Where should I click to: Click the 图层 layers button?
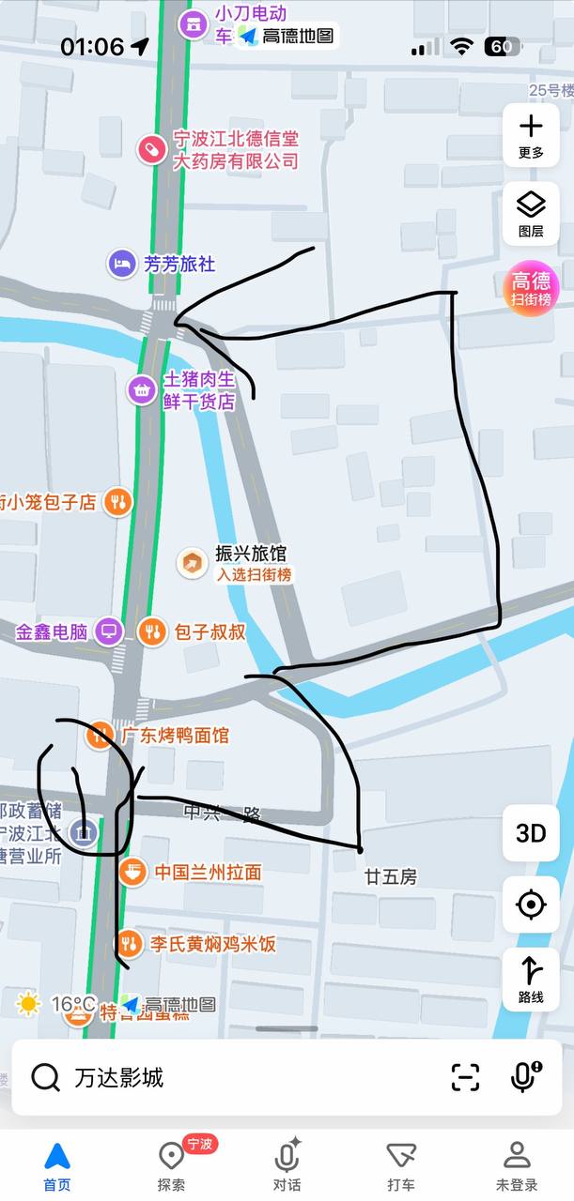click(531, 214)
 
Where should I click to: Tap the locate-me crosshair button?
click(531, 905)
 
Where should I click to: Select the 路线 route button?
click(531, 980)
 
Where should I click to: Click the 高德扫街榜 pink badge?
click(531, 288)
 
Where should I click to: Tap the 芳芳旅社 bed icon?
click(121, 265)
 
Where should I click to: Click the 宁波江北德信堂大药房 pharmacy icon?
click(150, 148)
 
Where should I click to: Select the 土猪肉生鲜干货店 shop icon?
click(142, 389)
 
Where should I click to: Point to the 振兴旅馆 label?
click(251, 554)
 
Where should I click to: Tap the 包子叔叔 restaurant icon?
click(151, 631)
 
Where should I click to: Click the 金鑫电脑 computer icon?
click(109, 631)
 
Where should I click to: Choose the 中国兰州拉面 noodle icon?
click(132, 872)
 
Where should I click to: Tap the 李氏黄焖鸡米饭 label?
click(212, 944)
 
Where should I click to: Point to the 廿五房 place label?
click(390, 876)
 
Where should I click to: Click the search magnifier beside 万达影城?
click(45, 1077)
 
